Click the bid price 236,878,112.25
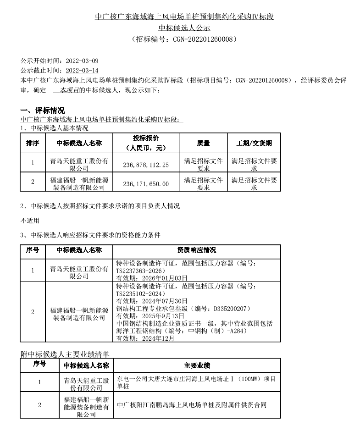click(146, 165)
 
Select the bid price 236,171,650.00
click(146, 183)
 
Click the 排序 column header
click(33, 143)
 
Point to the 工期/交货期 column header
click(254, 143)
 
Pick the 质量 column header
click(203, 143)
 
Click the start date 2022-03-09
click(82, 61)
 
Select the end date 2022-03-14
click(82, 71)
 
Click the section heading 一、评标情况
click(43, 111)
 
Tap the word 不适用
click(30, 220)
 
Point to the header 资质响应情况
click(196, 250)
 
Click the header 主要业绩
click(197, 365)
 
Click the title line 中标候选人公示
click(184, 28)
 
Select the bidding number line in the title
click(184, 39)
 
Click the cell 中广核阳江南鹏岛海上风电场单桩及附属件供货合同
click(192, 405)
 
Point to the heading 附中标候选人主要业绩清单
click(65, 354)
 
